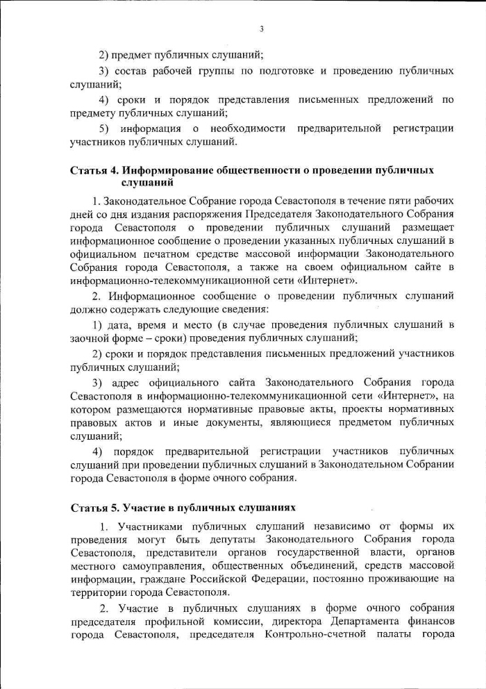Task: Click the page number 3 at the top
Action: (261, 28)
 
